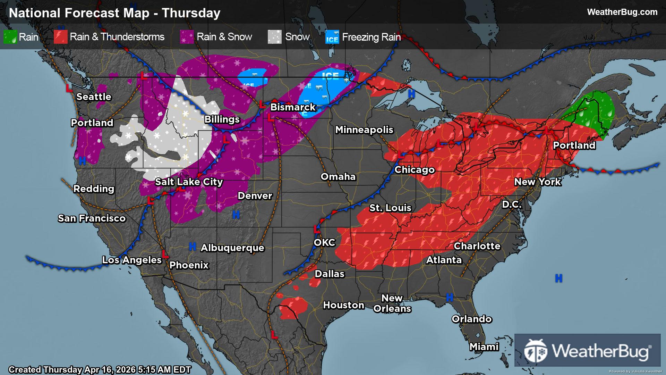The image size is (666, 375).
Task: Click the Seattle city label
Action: (x=94, y=97)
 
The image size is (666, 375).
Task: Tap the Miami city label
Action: (x=484, y=347)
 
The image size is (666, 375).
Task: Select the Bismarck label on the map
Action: (x=293, y=107)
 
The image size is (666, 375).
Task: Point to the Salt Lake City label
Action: (x=189, y=182)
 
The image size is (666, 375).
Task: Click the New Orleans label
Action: (x=392, y=303)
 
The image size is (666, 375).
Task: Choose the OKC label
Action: (x=324, y=242)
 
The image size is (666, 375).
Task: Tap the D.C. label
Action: (x=512, y=204)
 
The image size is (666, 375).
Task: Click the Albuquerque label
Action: (x=232, y=248)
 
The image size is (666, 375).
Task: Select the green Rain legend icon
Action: (x=10, y=37)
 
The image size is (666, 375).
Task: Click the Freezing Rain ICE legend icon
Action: (x=332, y=37)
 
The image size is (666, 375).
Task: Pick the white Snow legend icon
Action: (x=274, y=37)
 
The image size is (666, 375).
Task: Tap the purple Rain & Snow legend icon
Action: (x=187, y=37)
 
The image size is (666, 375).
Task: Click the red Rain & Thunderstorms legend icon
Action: (x=60, y=37)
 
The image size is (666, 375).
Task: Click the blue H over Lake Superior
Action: (x=411, y=93)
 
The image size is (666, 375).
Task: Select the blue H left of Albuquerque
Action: (x=192, y=247)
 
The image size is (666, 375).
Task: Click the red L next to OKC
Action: (x=316, y=229)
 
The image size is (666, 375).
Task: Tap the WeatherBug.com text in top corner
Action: (x=622, y=12)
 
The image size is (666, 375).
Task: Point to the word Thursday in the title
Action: (x=191, y=13)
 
